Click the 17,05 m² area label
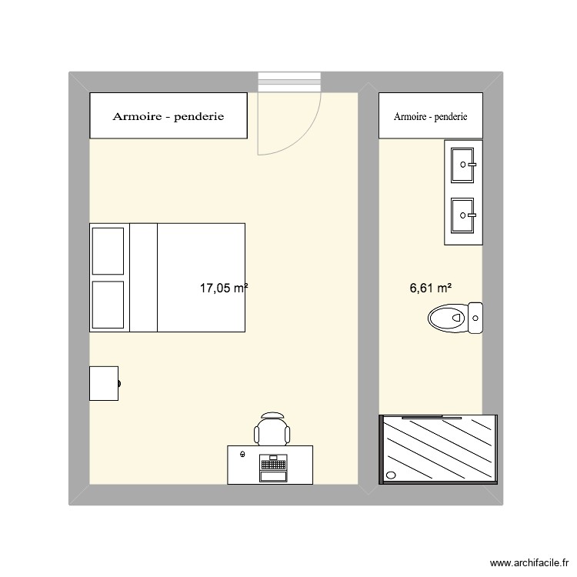tap(223, 288)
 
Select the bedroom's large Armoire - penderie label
tap(168, 117)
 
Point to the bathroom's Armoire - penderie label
tap(430, 117)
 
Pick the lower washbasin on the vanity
tap(464, 215)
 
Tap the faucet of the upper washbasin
tap(475, 164)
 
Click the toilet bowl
tap(445, 316)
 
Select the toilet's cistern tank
tap(475, 316)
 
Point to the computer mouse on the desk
tap(243, 455)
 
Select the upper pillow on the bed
tap(108, 251)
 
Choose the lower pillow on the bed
tap(108, 304)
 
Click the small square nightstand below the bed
tap(104, 383)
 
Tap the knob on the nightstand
tap(119, 383)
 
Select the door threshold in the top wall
tap(288, 82)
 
